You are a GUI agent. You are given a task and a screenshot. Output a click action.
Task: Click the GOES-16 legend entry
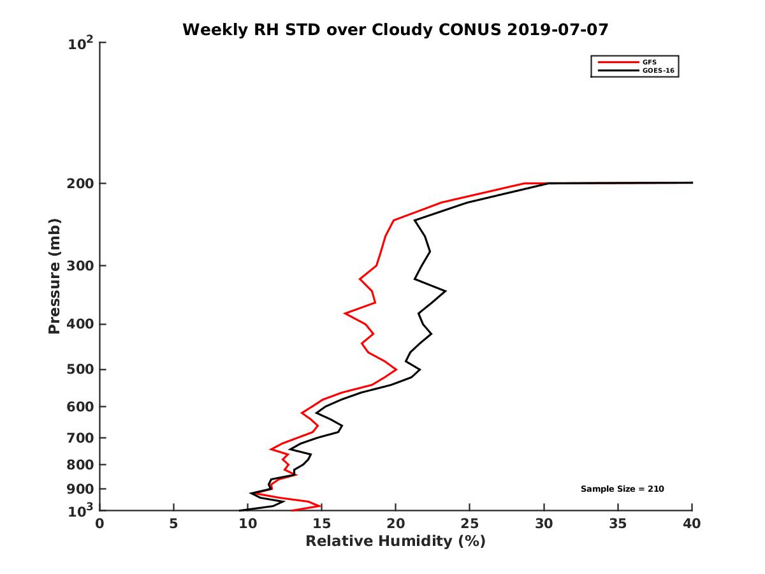657,71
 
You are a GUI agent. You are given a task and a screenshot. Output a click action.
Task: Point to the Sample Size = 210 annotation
622,489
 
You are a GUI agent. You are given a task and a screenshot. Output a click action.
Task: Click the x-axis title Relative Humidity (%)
395,541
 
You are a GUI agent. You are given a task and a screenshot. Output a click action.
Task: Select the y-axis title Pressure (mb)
54,276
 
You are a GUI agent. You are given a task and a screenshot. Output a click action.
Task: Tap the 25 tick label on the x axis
469,524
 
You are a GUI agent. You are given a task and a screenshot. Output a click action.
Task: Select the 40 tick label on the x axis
692,524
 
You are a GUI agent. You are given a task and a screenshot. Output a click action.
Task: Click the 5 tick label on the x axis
173,524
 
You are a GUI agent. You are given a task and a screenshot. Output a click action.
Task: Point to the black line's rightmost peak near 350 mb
445,291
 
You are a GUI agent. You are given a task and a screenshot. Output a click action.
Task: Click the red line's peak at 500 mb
397,369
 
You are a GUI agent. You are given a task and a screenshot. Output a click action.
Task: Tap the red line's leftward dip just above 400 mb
345,313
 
